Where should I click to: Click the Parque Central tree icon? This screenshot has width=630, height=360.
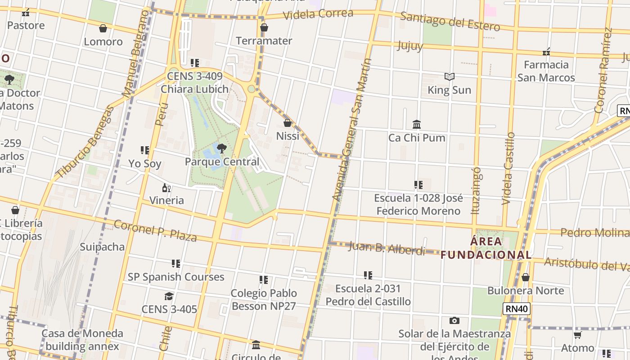pyautogui.click(x=221, y=148)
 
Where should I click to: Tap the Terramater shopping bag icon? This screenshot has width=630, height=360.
pyautogui.click(x=264, y=28)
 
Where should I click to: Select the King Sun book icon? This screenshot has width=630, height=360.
pyautogui.click(x=449, y=77)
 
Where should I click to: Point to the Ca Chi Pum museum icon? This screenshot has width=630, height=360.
pyautogui.click(x=417, y=125)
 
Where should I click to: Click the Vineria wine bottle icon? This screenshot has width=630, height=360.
pyautogui.click(x=166, y=188)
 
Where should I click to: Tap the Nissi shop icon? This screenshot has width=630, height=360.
pyautogui.click(x=288, y=123)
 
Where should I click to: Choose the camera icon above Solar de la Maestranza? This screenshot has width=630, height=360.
pyautogui.click(x=454, y=321)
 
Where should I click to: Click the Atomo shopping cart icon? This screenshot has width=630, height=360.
pyautogui.click(x=578, y=335)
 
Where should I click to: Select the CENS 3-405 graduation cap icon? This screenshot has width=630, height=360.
pyautogui.click(x=169, y=296)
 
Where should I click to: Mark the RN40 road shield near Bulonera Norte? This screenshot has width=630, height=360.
pyautogui.click(x=517, y=309)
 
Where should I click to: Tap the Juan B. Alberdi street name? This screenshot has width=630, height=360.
pyautogui.click(x=387, y=248)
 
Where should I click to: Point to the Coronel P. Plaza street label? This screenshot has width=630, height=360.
pyautogui.click(x=155, y=231)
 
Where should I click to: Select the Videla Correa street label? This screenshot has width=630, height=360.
pyautogui.click(x=318, y=14)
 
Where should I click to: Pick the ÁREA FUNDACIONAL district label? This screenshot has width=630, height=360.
pyautogui.click(x=486, y=248)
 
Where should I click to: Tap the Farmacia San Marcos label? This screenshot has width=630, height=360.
pyautogui.click(x=546, y=71)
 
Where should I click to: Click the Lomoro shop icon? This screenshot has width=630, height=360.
pyautogui.click(x=103, y=29)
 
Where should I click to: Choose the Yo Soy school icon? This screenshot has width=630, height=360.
pyautogui.click(x=145, y=150)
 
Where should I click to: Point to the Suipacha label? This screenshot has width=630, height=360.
pyautogui.click(x=102, y=247)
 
